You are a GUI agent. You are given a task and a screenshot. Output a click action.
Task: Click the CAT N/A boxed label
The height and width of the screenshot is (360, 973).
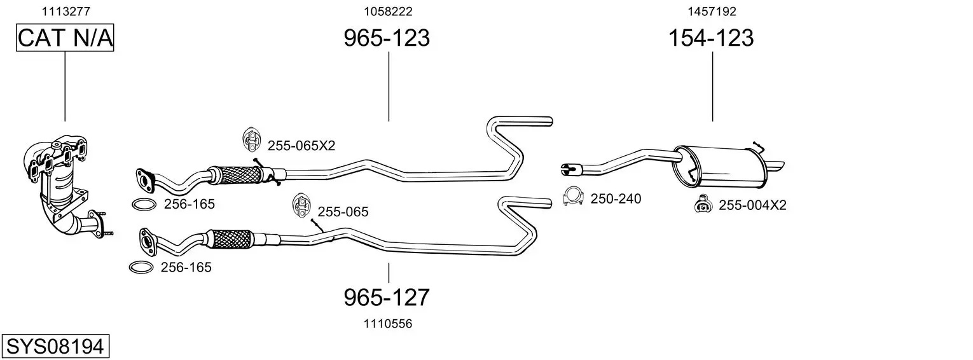coord(65,38)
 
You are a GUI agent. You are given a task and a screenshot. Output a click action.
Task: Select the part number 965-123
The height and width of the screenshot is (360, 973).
coord(387,38)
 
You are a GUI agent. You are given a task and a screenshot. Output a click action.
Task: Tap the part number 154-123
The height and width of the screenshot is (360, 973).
coord(711,38)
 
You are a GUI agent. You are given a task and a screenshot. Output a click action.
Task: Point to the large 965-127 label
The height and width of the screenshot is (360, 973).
coord(387,297)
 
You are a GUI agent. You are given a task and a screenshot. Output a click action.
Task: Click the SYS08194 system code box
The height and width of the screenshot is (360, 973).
coord(55,347)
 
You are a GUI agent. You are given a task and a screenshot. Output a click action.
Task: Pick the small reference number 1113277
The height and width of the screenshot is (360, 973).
coord(66,11)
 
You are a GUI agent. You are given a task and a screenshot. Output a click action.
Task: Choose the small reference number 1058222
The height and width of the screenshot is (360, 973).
coord(388,11)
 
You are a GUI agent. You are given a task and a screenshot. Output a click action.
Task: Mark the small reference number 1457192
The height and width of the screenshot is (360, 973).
coord(712,11)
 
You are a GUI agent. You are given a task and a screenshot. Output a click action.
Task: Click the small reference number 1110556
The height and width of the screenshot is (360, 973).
coord(388,324)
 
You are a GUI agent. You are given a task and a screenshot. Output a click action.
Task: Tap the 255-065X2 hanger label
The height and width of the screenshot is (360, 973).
coord(301,146)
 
